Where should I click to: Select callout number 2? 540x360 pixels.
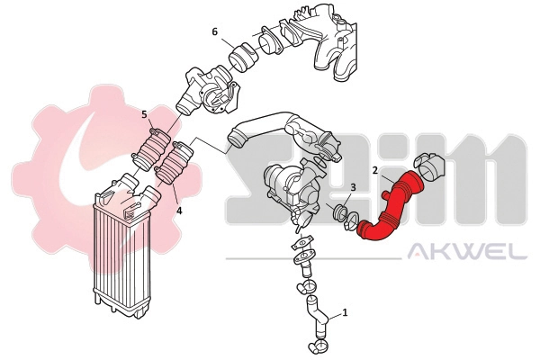[x=374, y=169]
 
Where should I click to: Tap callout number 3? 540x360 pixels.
[x=353, y=187]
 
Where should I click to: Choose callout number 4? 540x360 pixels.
[x=179, y=211]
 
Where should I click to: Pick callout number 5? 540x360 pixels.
[x=145, y=114]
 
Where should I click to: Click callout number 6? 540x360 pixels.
[x=215, y=31]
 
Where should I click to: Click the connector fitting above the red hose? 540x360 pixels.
[x=430, y=166]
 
